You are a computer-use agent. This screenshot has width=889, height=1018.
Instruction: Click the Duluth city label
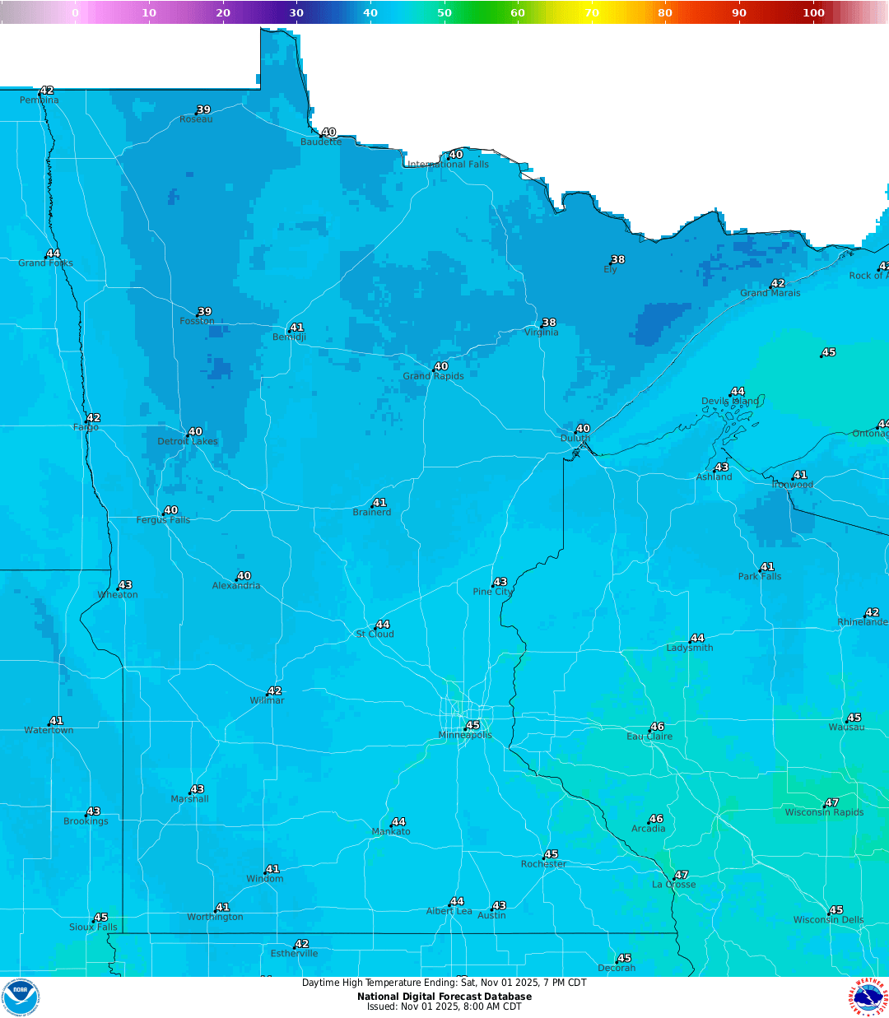575,439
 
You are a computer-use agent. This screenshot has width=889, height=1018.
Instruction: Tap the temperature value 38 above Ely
617,259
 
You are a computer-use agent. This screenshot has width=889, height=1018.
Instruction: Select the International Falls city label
448,165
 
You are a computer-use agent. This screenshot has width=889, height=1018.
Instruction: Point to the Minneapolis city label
465,735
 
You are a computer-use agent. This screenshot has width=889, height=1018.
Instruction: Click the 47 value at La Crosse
681,875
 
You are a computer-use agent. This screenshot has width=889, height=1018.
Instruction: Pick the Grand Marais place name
770,293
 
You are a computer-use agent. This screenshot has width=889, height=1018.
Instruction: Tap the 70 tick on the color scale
592,12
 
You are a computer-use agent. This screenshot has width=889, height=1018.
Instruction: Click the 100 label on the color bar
813,12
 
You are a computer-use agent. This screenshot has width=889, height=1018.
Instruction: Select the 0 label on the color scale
75,12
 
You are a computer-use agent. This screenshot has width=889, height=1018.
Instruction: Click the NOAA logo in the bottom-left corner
21,997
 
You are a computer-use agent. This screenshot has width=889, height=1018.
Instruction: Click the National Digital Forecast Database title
444,997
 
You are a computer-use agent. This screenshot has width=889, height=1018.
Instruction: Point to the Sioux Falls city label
93,927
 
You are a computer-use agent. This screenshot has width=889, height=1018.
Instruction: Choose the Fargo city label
86,427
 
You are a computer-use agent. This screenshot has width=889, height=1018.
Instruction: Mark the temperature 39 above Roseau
203,109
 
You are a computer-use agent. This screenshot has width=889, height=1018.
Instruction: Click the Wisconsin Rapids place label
824,812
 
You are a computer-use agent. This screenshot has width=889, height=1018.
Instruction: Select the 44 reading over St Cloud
382,625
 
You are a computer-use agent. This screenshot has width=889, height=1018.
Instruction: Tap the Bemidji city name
289,337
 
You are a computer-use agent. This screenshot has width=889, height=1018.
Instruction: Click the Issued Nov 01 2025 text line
444,1006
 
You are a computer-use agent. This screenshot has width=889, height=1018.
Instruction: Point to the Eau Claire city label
649,737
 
